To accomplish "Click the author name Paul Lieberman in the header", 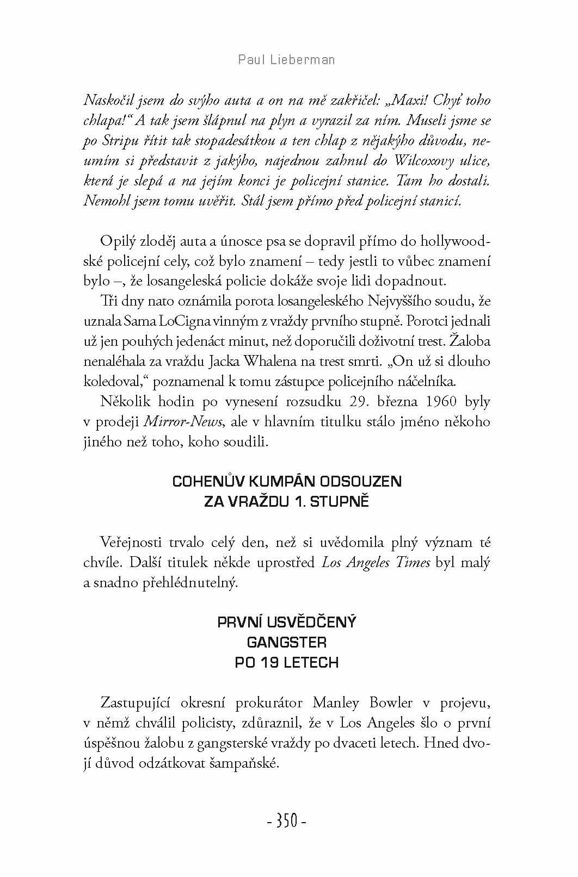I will click(x=287, y=59).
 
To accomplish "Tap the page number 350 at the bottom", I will click(x=287, y=821).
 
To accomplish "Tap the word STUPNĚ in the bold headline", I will click(x=343, y=502).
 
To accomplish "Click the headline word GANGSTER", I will click(x=287, y=643).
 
